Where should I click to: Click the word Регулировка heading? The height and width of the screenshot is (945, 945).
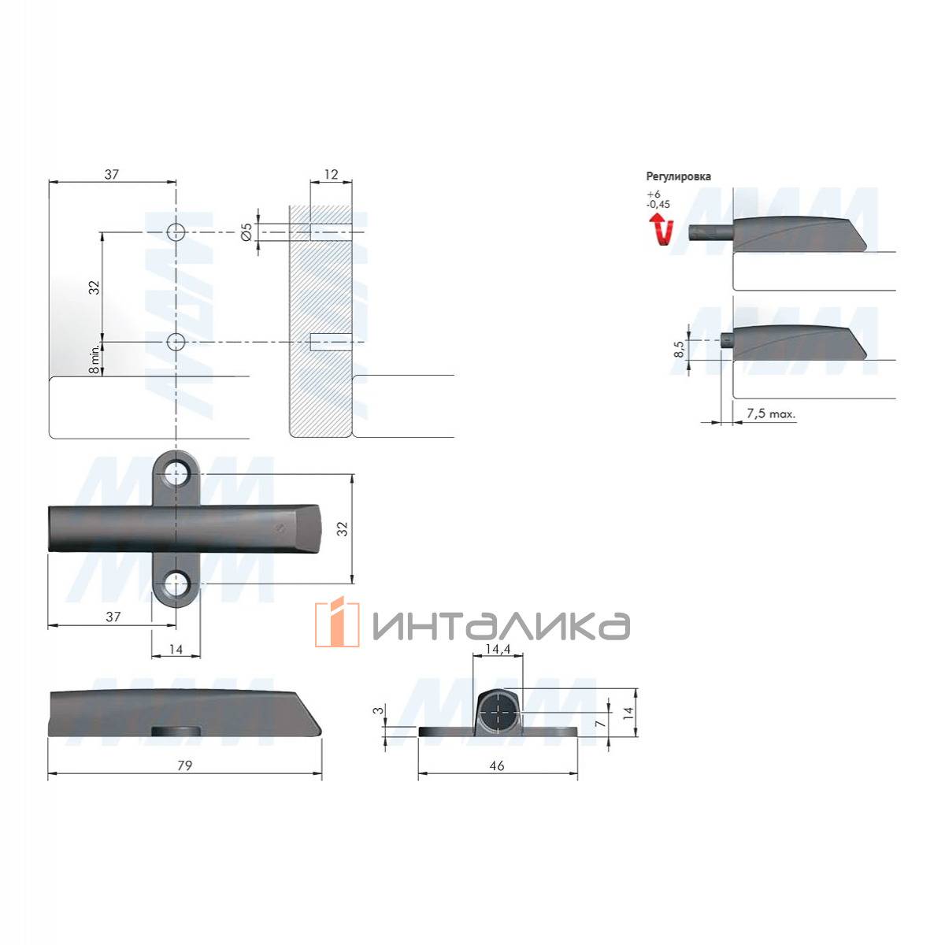click(x=678, y=176)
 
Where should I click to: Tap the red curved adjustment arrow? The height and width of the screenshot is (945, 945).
click(x=661, y=229)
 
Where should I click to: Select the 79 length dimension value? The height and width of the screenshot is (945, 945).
click(x=184, y=765)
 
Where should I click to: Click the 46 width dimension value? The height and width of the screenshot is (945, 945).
click(x=497, y=765)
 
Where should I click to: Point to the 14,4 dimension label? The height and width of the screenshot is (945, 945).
click(x=498, y=649)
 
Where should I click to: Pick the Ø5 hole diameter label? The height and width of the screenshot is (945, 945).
click(x=246, y=232)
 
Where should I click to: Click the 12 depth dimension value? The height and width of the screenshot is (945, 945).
click(x=331, y=175)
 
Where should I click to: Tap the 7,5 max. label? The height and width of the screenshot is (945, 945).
click(x=770, y=414)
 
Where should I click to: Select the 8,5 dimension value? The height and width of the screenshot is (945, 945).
click(x=679, y=349)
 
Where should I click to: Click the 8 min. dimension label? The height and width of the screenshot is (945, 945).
click(x=94, y=358)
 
